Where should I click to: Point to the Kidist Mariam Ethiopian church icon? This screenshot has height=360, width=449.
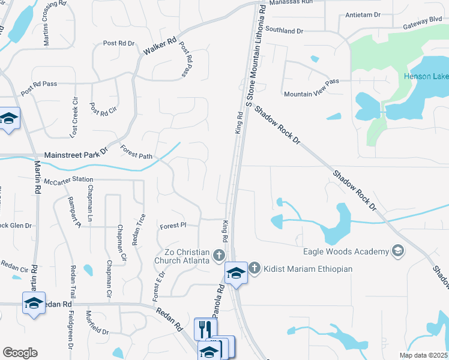(x=255, y=268)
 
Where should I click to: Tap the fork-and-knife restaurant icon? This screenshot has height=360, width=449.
(x=205, y=328)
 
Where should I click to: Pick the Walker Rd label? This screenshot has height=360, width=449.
(x=159, y=47)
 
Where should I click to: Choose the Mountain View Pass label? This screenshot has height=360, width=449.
(x=312, y=88)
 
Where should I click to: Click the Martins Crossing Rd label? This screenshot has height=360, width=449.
(x=47, y=23)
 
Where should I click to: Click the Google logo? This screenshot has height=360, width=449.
(x=20, y=353)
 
